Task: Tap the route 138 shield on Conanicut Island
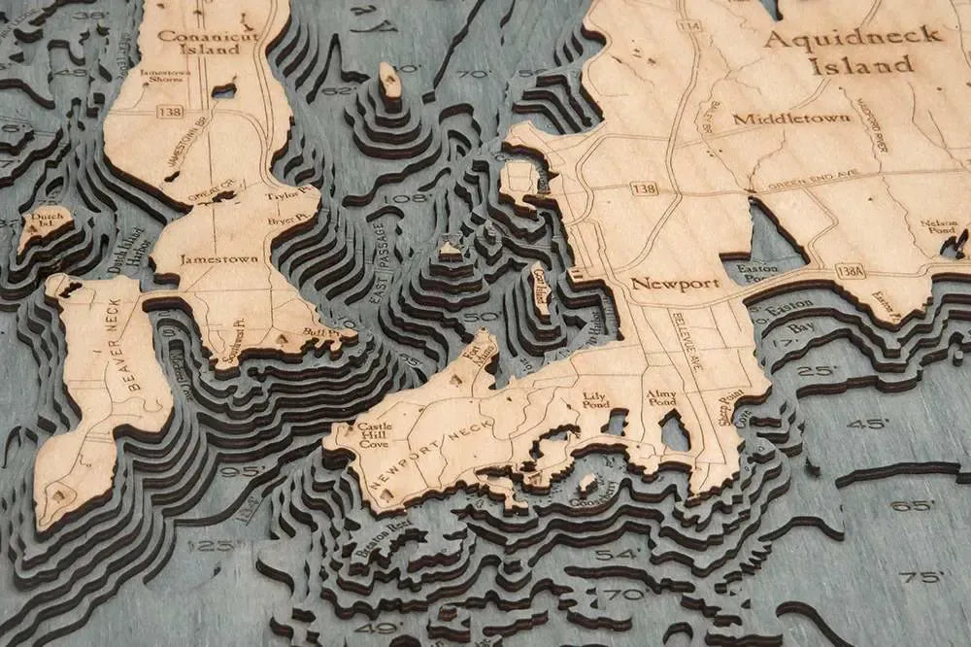pos(170,112)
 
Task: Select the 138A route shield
pos(850,271)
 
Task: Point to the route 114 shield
pos(690,25)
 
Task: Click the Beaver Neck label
pos(133,360)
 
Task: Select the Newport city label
pos(675,284)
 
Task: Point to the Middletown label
pos(791,119)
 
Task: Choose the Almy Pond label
pos(661,397)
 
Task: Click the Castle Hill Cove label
pos(374,432)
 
